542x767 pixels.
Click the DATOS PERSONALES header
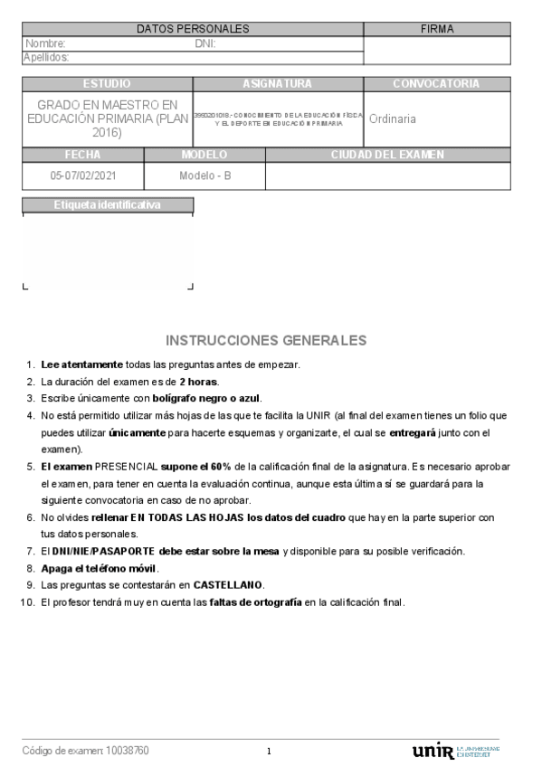[192, 29]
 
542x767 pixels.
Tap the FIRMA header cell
[437, 29]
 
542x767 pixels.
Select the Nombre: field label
[45, 43]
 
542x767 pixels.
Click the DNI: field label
[205, 43]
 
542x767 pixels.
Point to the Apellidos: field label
[47, 57]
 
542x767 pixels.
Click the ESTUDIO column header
[107, 84]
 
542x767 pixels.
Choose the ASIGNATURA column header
[278, 84]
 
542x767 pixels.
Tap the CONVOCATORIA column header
[436, 84]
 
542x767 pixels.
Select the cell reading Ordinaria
[393, 118]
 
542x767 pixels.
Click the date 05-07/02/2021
[83, 175]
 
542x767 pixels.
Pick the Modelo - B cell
[205, 175]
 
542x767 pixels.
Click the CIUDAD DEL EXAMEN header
[387, 155]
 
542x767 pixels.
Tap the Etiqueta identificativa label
[107, 205]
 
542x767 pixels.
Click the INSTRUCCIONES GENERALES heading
[266, 340]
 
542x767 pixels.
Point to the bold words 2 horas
[199, 382]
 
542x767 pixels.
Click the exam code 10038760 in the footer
[128, 751]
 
